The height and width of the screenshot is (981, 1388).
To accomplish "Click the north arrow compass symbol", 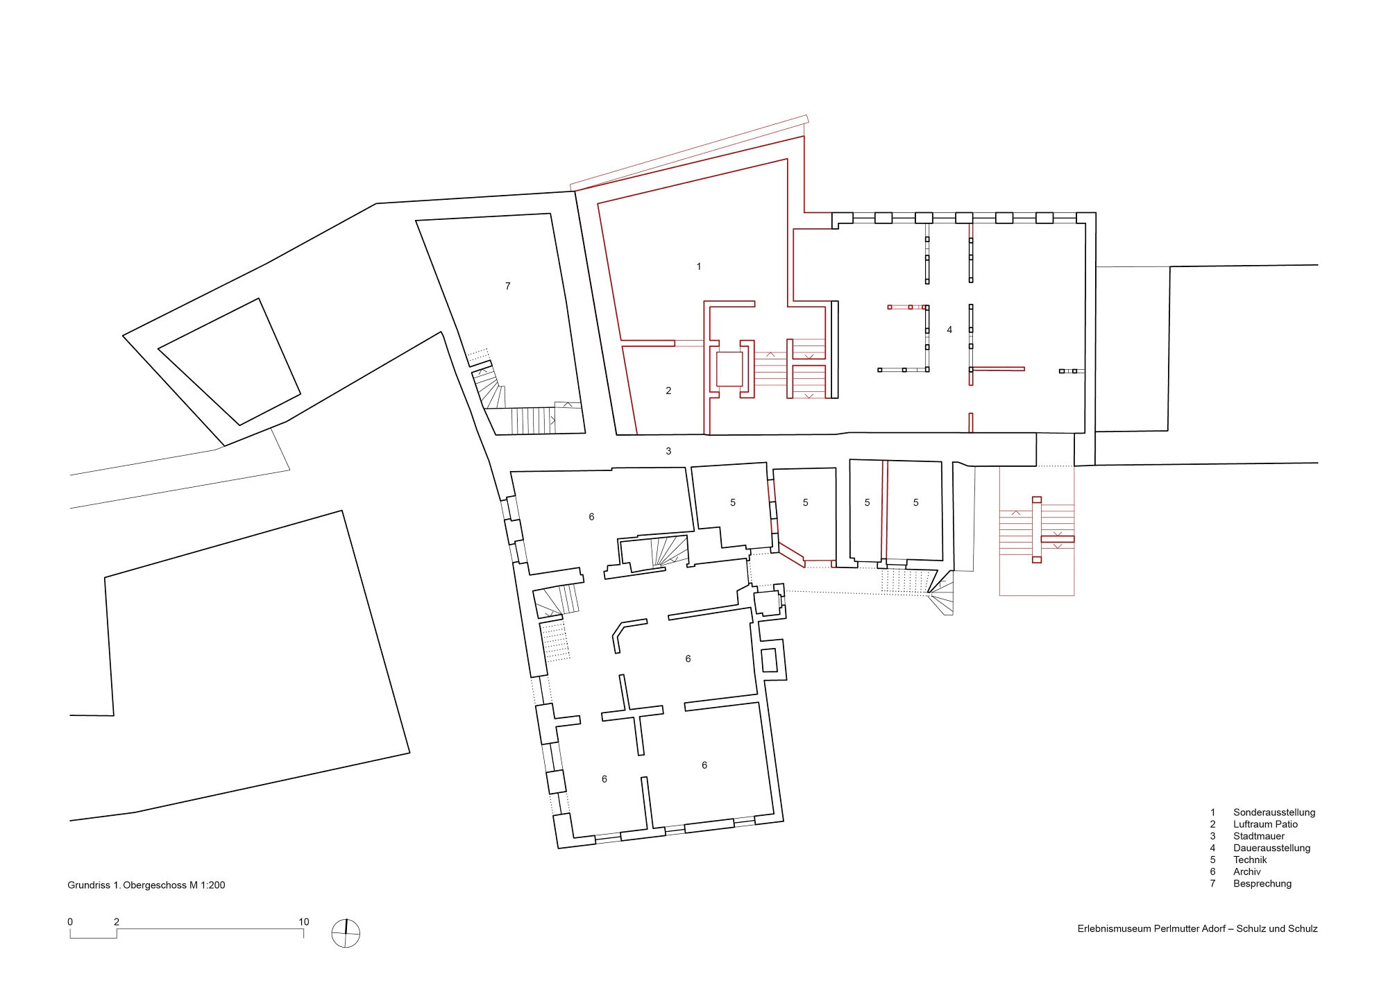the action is click(346, 933).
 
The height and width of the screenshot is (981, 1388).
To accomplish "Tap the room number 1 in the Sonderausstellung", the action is click(699, 266).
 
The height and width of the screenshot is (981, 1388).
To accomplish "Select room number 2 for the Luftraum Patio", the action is click(668, 391).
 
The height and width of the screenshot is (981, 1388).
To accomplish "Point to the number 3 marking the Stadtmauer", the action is click(668, 451).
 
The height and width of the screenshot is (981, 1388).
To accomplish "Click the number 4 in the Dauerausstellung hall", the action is click(949, 330).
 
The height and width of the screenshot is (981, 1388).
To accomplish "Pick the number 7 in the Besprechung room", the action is click(508, 286).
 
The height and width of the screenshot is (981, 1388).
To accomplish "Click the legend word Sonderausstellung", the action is click(1274, 812).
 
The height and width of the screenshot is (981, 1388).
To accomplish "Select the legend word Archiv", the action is click(1246, 871).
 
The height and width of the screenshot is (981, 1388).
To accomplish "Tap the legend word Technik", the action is click(1250, 860).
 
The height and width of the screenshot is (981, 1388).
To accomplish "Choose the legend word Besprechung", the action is click(1262, 884).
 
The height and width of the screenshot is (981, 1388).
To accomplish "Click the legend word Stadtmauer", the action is click(1259, 836).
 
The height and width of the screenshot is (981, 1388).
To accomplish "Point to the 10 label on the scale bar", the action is click(304, 922).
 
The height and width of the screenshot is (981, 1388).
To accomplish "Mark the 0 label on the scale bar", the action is click(70, 922).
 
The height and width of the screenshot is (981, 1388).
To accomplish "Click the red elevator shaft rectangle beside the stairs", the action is click(729, 369).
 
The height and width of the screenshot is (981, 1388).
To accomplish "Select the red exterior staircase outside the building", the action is click(1037, 531).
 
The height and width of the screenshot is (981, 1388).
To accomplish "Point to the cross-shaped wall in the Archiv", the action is click(632, 714).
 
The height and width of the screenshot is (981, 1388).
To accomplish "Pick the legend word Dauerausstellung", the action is click(1271, 848).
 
